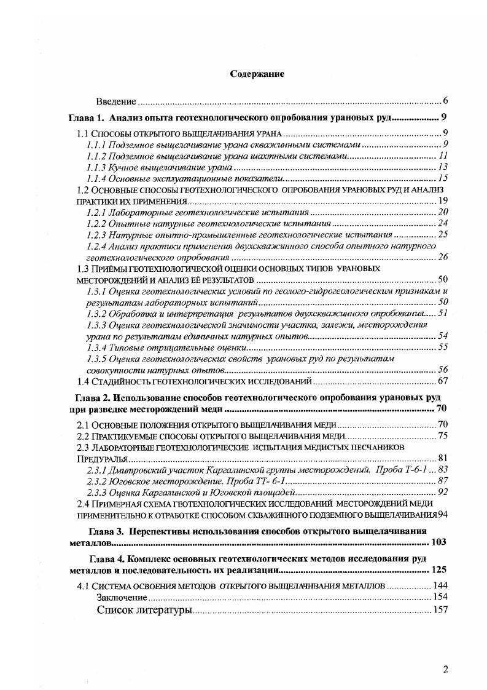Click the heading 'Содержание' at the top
tap(257, 74)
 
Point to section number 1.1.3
tap(97, 167)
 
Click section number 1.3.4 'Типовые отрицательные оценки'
tap(97, 347)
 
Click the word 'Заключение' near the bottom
tap(122, 597)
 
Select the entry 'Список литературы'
tap(144, 610)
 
